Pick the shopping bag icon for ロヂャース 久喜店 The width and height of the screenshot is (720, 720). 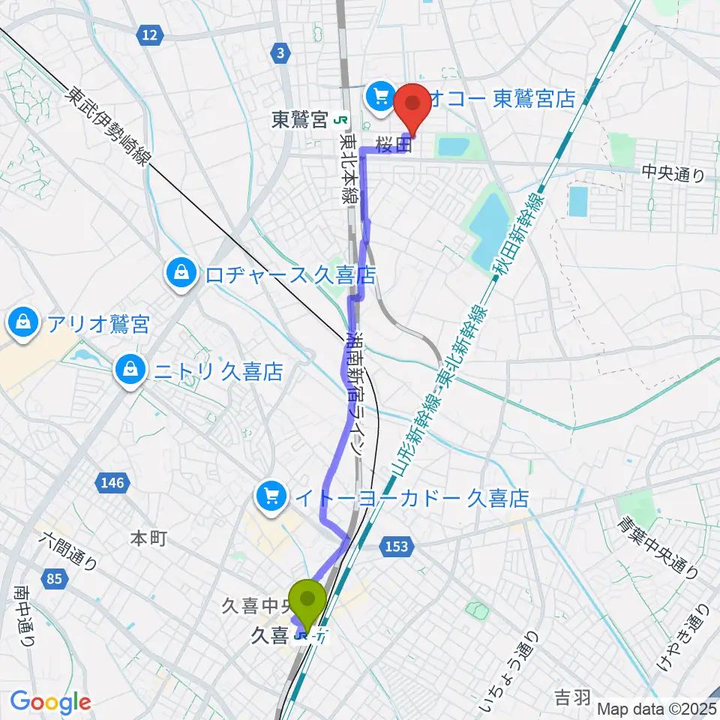[x=181, y=272]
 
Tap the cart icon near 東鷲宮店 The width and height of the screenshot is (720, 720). [x=379, y=96]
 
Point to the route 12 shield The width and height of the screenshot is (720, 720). [x=150, y=34]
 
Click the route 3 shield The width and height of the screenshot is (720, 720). [x=280, y=52]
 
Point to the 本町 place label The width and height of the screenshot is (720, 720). [x=148, y=538]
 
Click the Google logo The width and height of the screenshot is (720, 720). [x=51, y=703]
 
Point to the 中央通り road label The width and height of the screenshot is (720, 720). [x=673, y=174]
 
